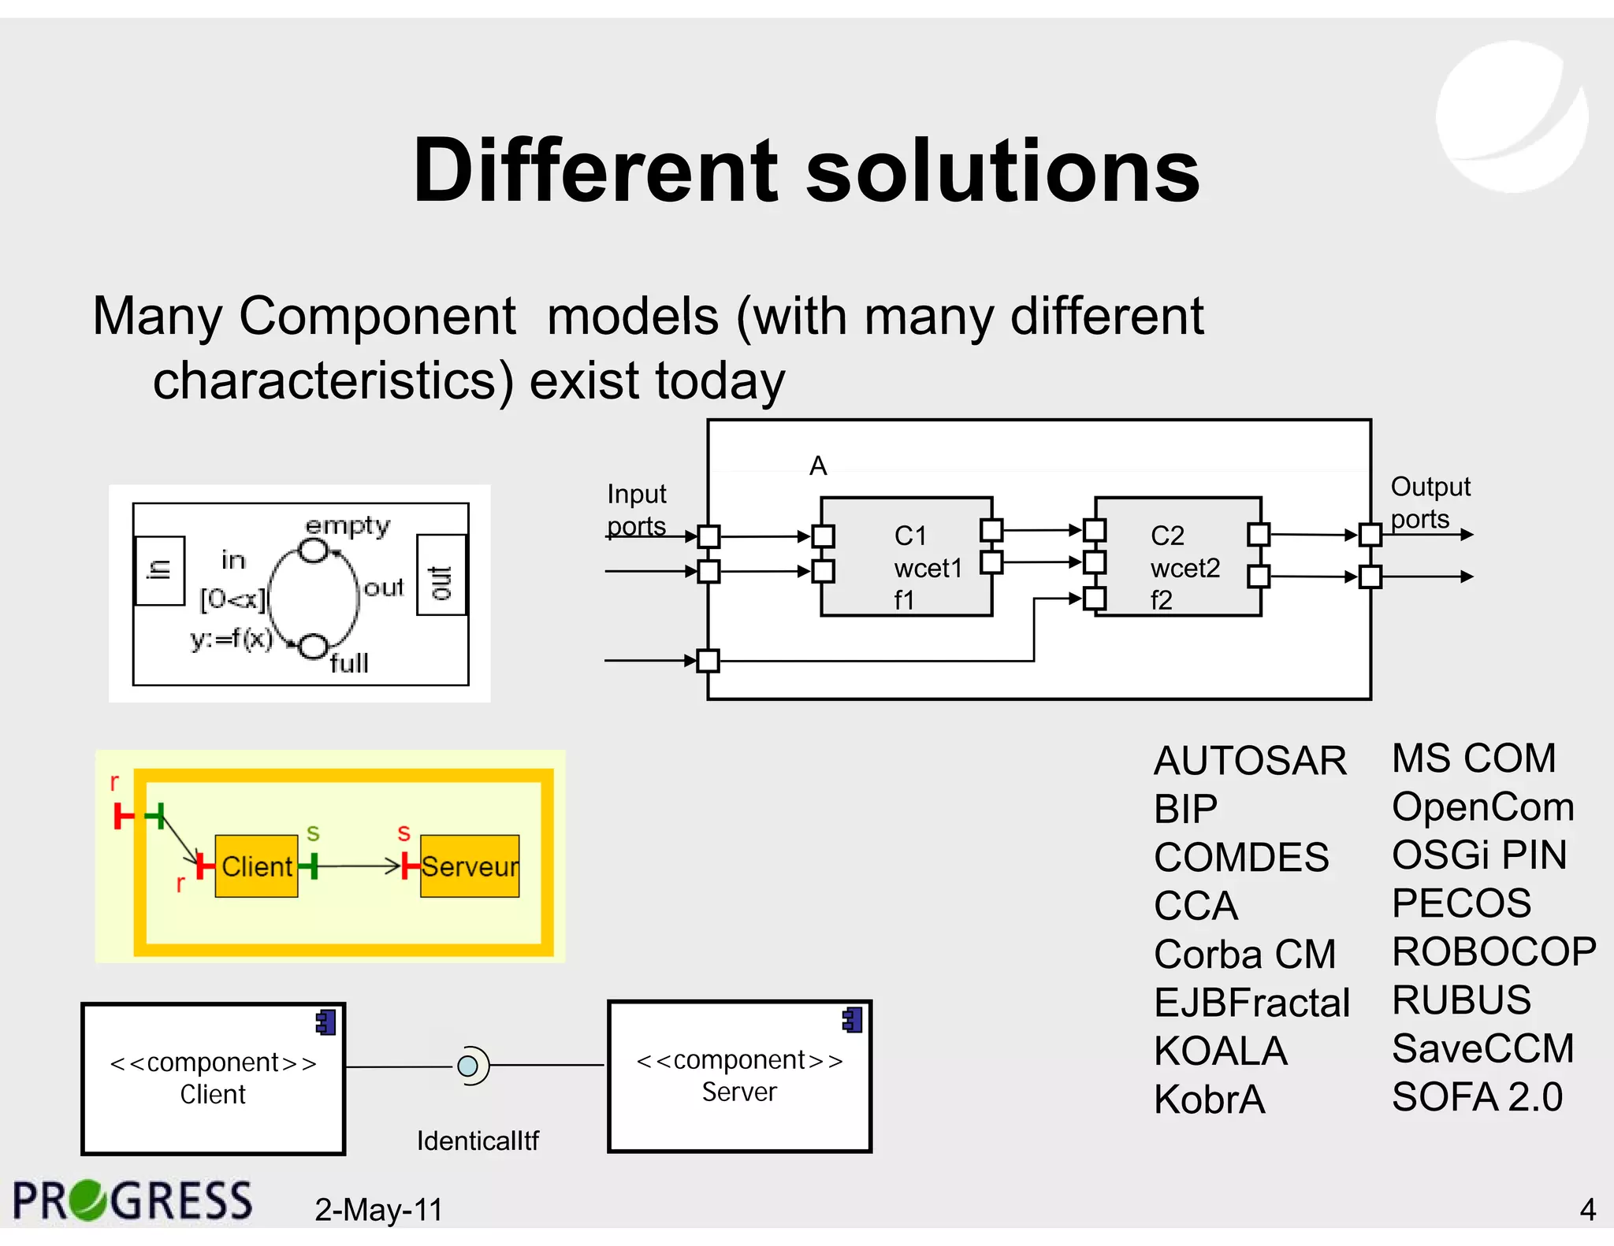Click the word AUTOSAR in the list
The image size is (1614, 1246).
tap(1250, 762)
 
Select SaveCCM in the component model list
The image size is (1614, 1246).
tap(1482, 1049)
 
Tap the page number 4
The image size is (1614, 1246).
tap(1587, 1209)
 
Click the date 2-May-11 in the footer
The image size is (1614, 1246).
tap(378, 1210)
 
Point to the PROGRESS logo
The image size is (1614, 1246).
tap(132, 1201)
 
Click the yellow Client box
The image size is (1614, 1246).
tap(256, 866)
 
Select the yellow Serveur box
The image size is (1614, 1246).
tap(470, 866)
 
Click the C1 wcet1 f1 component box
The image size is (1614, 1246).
tap(906, 557)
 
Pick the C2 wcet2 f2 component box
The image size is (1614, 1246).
tap(1177, 557)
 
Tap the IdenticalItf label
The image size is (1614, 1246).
tap(478, 1140)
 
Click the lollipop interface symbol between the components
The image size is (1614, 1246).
tap(469, 1066)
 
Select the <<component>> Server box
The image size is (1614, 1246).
tap(739, 1077)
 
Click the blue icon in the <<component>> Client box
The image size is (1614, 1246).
tap(325, 1022)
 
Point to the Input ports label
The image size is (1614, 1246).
tap(637, 510)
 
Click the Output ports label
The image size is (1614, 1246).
tap(1430, 502)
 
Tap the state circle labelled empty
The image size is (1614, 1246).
tap(314, 551)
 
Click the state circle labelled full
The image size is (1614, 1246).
tap(314, 647)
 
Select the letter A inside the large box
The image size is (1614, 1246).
tap(818, 466)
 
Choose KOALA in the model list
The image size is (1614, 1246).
tap(1220, 1051)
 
